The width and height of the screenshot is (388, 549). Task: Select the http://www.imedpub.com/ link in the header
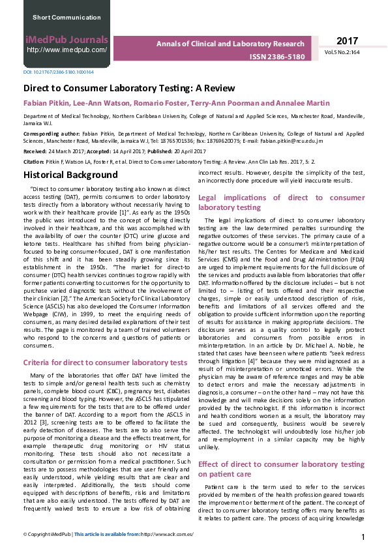click(67, 50)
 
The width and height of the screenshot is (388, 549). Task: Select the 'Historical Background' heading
click(70, 175)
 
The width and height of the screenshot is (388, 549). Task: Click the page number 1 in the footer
click(363, 537)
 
